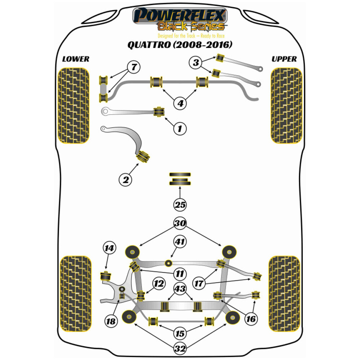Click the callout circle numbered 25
180,205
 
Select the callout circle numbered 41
180,242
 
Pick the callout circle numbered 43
180,288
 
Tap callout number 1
180,127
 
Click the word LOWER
75,59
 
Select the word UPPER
284,59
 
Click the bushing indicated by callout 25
180,179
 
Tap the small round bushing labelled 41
168,262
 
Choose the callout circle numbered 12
158,284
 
